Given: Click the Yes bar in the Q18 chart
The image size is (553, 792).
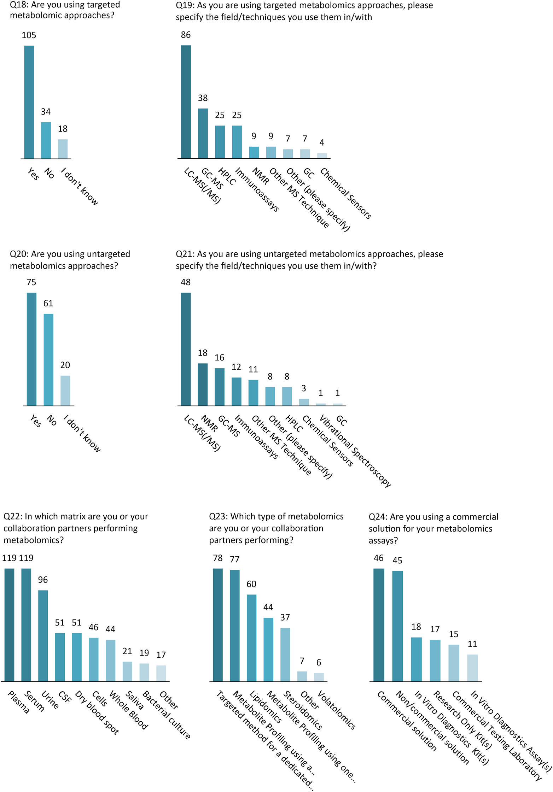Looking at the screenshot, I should click(29, 102).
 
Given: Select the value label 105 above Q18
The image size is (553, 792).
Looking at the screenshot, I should click(29, 35).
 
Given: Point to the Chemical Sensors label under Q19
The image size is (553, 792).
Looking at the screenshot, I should click(345, 193).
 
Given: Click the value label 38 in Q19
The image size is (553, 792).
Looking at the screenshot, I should click(203, 98).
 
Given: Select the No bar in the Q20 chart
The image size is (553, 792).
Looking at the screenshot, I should click(48, 359).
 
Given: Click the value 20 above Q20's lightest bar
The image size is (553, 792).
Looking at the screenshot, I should click(65, 365).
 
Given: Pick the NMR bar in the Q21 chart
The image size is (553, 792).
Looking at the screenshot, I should click(203, 384).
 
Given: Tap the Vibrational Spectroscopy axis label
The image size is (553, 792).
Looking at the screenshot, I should click(355, 451).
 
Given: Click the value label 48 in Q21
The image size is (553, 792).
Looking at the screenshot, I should click(186, 282).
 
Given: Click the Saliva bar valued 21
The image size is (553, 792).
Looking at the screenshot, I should click(127, 671).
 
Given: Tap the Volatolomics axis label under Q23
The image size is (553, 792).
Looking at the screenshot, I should click(336, 710).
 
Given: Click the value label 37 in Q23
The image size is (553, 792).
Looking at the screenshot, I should click(285, 617).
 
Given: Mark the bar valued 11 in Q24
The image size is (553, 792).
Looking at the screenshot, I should click(472, 668).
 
